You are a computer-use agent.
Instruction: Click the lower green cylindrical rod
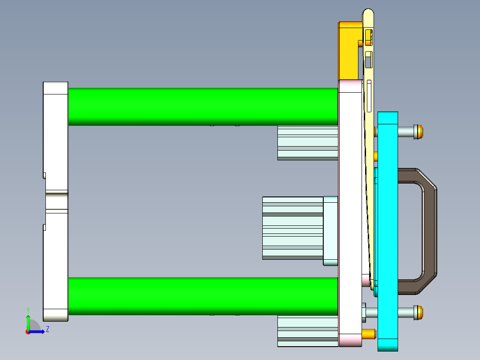[203, 296]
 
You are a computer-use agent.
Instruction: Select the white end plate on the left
[56, 134]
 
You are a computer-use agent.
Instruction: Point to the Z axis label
[47, 329]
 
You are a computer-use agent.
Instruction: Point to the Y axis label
[28, 309]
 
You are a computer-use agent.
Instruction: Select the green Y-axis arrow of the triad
[28, 322]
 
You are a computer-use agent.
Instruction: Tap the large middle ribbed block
[292, 228]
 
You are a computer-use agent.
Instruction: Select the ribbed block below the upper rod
[307, 143]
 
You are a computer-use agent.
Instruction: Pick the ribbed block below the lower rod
[307, 331]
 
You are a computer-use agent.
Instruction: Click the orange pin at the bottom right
[369, 333]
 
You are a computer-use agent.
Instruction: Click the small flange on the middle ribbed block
[330, 231]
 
